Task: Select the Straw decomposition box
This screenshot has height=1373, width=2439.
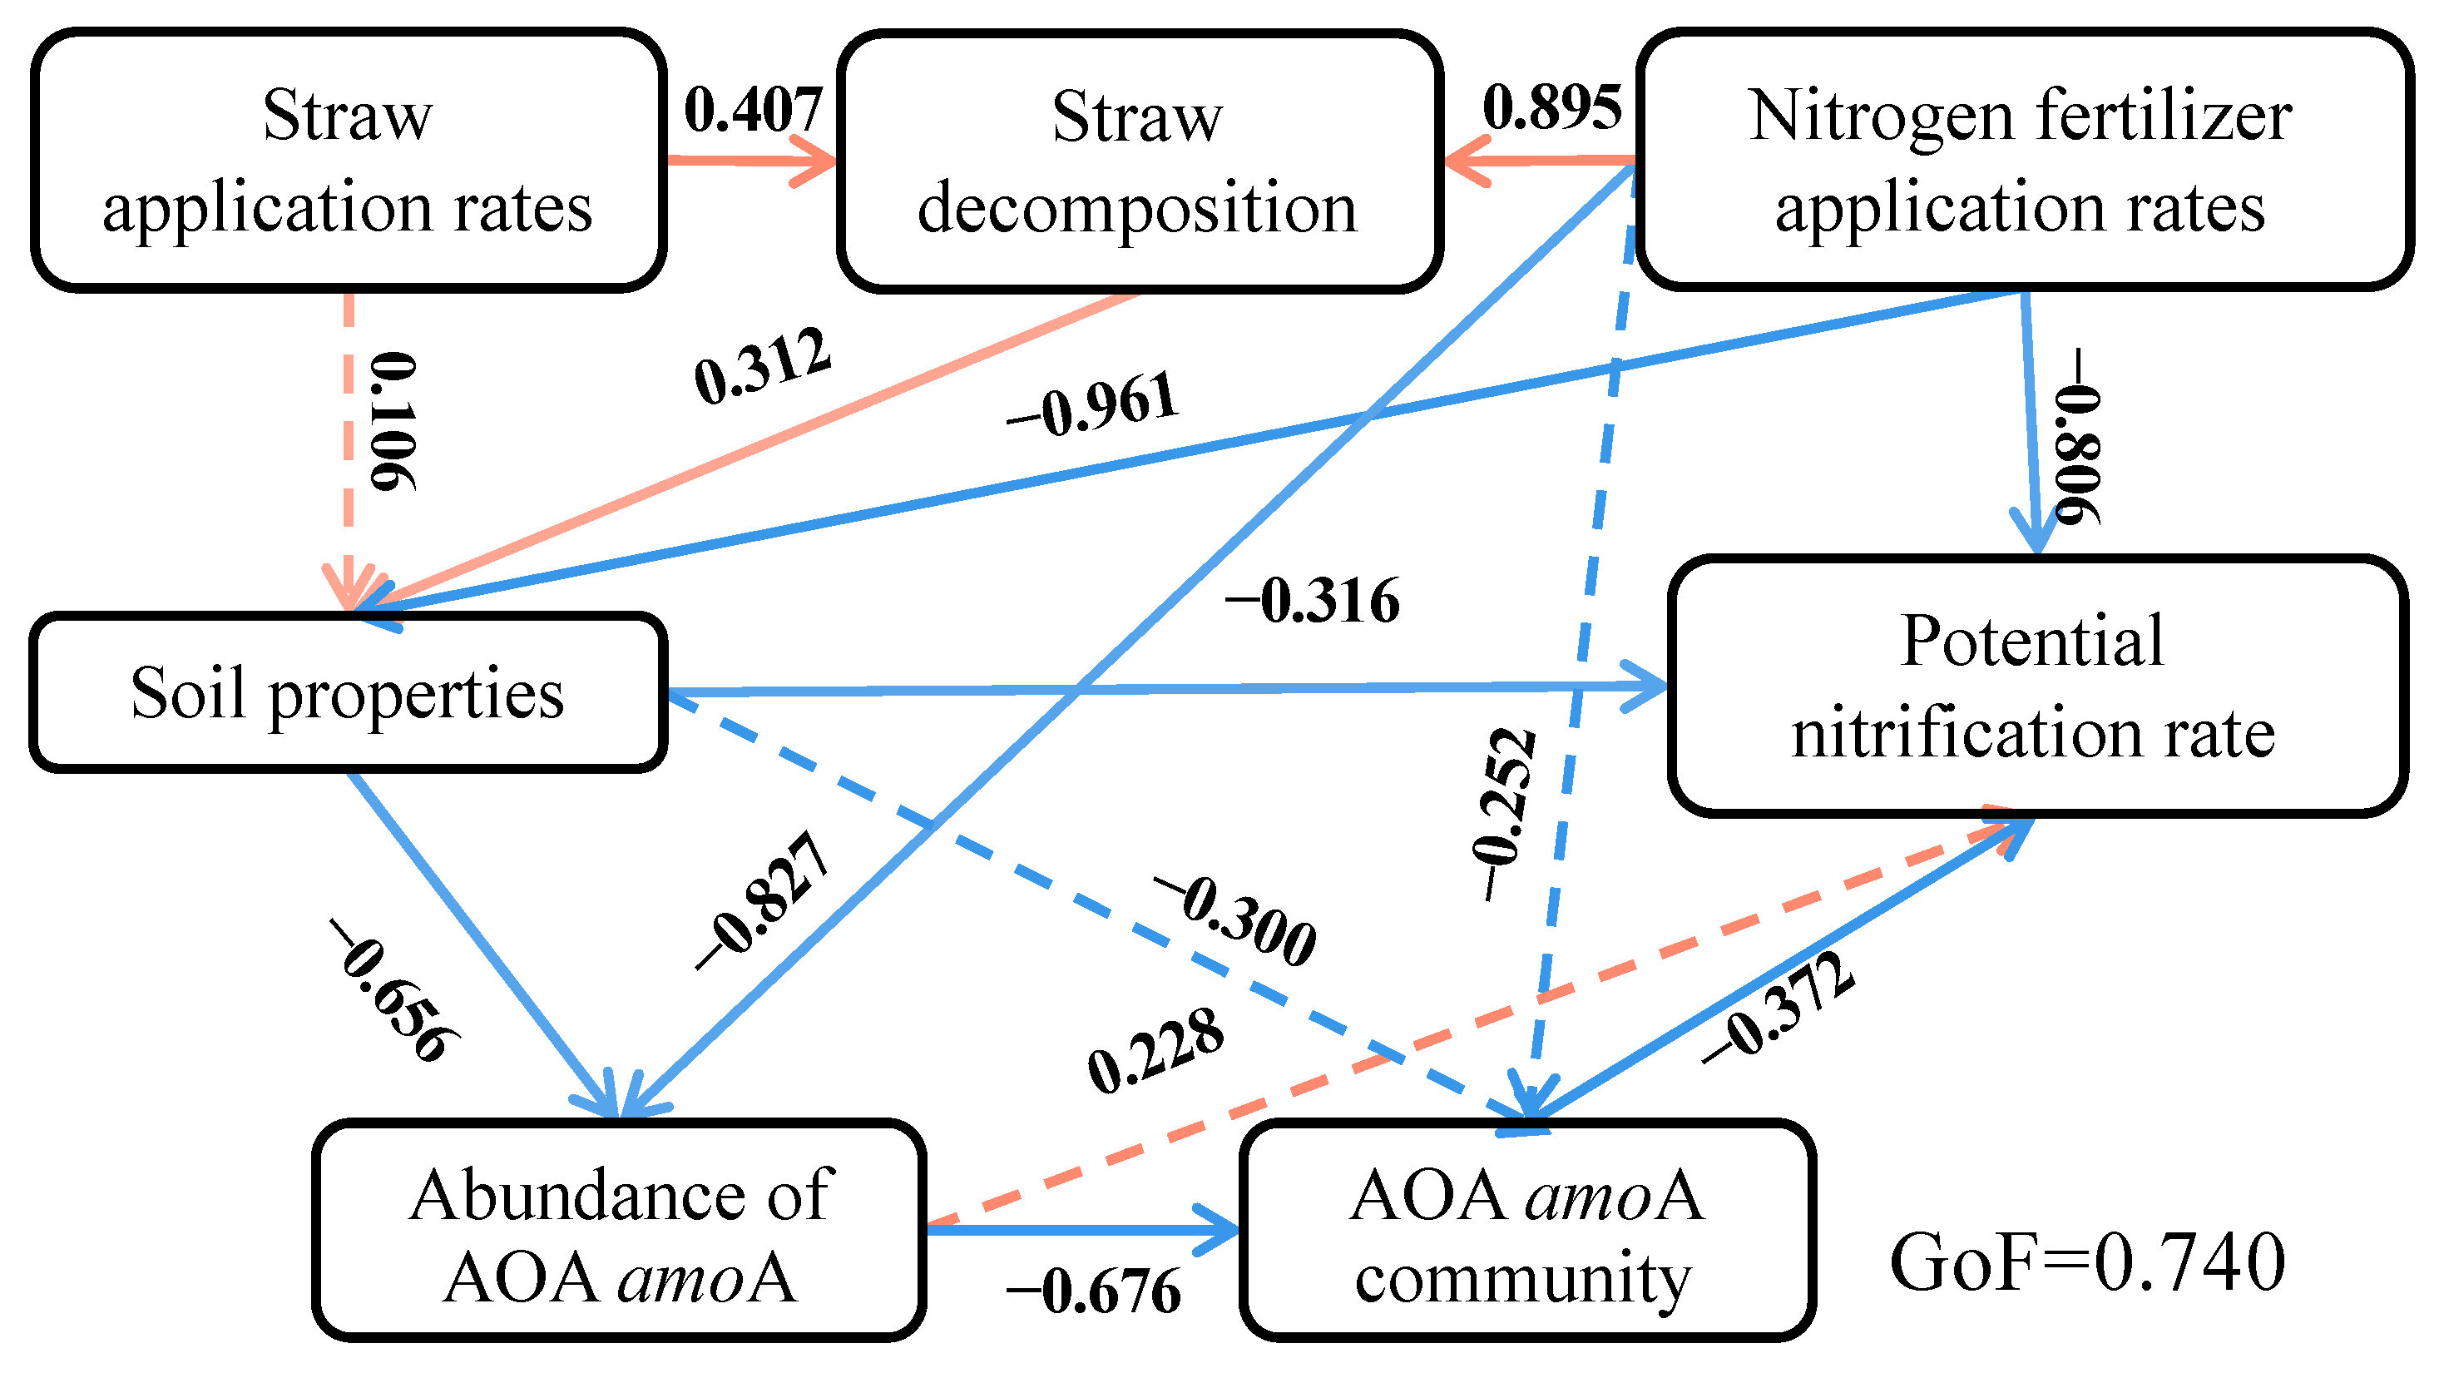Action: (1139, 161)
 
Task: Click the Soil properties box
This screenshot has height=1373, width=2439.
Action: (349, 692)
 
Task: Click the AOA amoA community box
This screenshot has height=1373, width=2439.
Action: (1526, 1231)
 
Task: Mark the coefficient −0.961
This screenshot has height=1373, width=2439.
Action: (1094, 407)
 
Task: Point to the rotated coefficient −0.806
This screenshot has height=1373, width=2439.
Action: (2078, 435)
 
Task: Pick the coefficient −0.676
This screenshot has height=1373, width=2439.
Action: (1094, 1291)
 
